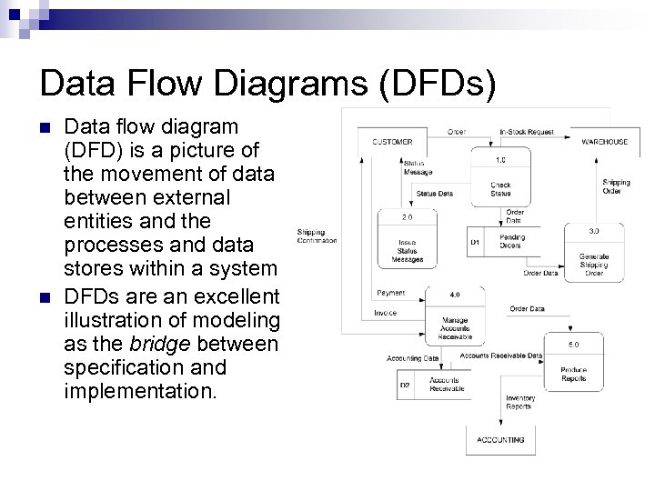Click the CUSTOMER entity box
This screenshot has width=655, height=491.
(392, 142)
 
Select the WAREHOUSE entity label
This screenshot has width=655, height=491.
(605, 142)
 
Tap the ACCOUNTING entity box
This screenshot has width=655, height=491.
(500, 440)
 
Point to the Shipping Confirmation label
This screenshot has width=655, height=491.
(317, 236)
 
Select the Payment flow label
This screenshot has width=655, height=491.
(390, 293)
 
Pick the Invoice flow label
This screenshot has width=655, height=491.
(385, 313)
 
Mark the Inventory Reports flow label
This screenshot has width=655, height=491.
(519, 402)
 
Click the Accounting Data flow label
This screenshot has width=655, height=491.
(412, 358)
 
